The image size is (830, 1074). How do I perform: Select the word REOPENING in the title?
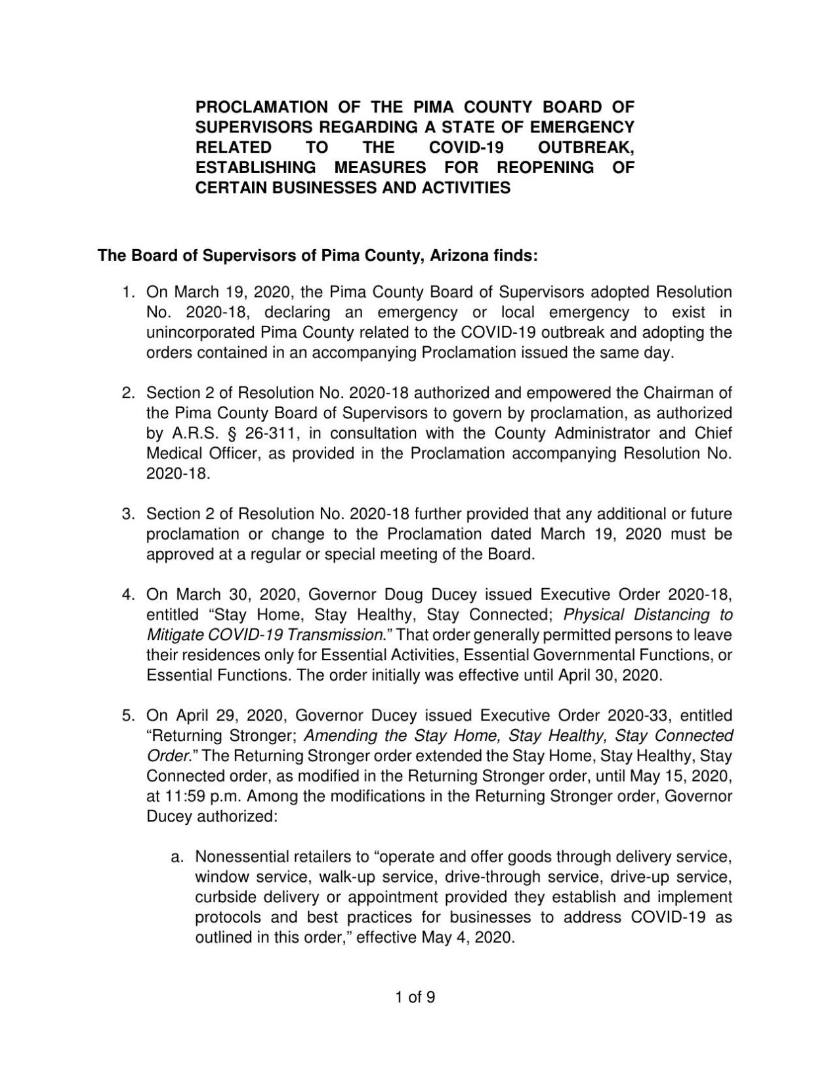click(545, 168)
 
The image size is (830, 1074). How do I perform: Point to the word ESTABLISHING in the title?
click(256, 168)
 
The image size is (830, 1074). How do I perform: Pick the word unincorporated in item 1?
click(200, 332)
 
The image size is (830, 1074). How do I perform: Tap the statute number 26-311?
click(257, 433)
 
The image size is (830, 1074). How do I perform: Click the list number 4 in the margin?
click(127, 595)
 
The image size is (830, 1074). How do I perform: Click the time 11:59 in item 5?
click(182, 797)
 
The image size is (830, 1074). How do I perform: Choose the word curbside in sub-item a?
click(225, 898)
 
